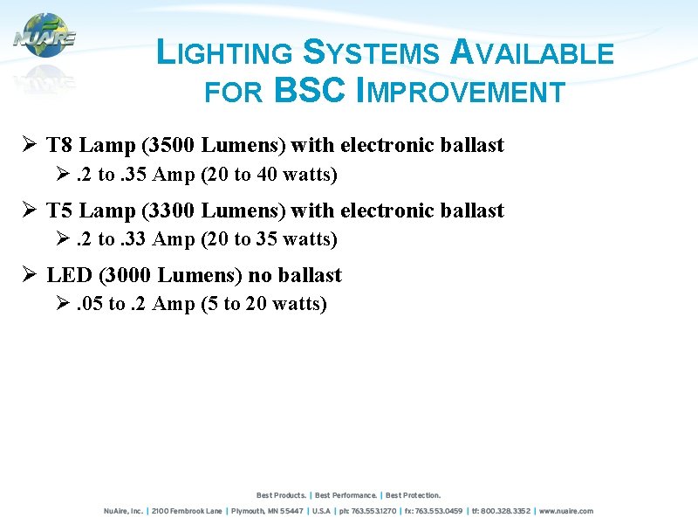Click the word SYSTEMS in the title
pyautogui.click(x=372, y=53)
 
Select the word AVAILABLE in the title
pyautogui.click(x=532, y=53)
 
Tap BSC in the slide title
pyautogui.click(x=311, y=91)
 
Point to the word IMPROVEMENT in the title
pyautogui.click(x=462, y=91)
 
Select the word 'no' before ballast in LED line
pyautogui.click(x=260, y=275)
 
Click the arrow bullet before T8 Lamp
pyautogui.click(x=29, y=145)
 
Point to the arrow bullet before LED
pyautogui.click(x=29, y=275)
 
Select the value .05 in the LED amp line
pyautogui.click(x=89, y=304)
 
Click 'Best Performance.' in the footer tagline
pyautogui.click(x=346, y=495)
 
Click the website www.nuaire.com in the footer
pyautogui.click(x=566, y=511)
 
